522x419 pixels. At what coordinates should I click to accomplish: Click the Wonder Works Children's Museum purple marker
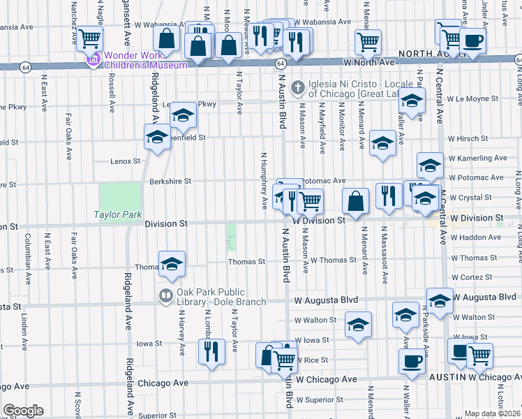click(x=92, y=61)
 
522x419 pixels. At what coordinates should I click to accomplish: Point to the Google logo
click(x=23, y=411)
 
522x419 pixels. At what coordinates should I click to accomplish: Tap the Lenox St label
click(x=126, y=161)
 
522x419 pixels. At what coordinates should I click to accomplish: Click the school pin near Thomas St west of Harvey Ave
click(x=171, y=264)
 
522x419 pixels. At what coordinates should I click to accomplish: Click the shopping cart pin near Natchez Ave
click(x=89, y=38)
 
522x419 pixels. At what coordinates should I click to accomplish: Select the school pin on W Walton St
click(x=358, y=325)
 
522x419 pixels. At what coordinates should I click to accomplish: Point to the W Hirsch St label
click(x=468, y=139)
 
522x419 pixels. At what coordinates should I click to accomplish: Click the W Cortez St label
click(x=472, y=277)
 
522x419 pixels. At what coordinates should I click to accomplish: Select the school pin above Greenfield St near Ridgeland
click(x=157, y=137)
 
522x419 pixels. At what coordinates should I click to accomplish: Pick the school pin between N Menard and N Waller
click(x=382, y=144)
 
